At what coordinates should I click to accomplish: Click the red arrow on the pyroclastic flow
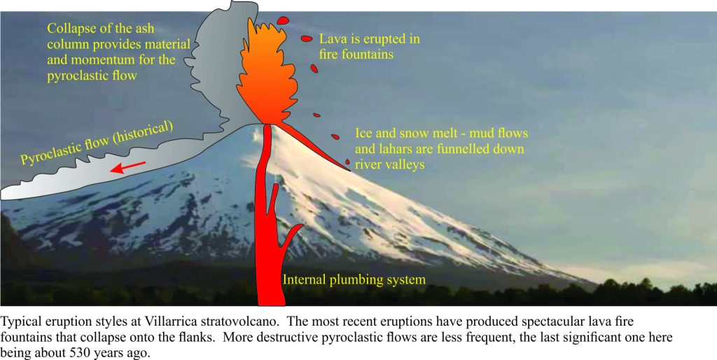(129, 167)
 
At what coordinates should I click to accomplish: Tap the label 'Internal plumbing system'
(354, 279)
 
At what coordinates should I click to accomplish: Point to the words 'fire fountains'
(356, 55)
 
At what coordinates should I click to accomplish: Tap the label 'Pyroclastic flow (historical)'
(97, 143)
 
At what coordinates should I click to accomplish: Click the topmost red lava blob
(284, 20)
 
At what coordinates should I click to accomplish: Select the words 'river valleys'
(389, 164)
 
